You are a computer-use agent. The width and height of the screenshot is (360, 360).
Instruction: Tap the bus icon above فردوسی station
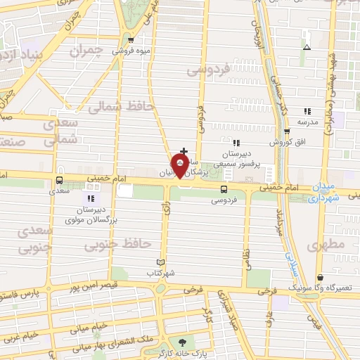(224, 188)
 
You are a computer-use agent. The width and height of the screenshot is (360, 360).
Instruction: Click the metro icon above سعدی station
(59, 179)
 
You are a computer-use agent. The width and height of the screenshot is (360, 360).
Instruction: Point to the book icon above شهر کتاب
(161, 262)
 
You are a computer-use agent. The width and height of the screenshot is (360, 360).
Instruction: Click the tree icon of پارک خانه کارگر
(183, 342)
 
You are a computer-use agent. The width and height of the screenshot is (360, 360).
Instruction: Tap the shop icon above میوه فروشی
(131, 39)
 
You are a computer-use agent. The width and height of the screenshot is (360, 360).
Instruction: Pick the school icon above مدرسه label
(307, 111)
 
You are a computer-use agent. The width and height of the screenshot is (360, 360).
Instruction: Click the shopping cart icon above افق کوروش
(286, 131)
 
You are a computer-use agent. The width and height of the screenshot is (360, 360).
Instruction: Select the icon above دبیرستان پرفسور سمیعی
(236, 143)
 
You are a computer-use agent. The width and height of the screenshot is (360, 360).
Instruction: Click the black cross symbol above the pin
(184, 150)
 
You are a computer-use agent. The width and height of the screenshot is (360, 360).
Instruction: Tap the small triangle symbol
(307, 48)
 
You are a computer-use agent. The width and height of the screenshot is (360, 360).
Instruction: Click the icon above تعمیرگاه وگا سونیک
(321, 277)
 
